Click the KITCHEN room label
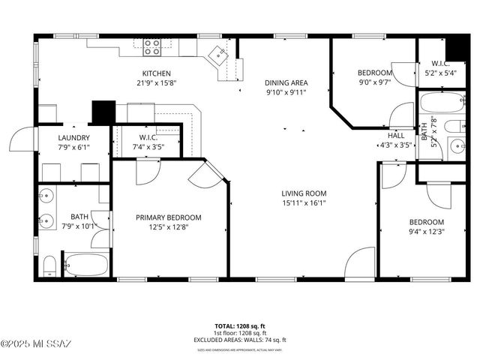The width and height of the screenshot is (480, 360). click(x=157, y=73)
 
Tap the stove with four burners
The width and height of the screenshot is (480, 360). click(x=152, y=46)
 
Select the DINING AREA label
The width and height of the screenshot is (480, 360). click(x=286, y=82)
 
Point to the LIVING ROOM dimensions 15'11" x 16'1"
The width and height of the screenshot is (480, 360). click(x=304, y=202)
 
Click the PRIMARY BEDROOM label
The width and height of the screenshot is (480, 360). click(x=169, y=217)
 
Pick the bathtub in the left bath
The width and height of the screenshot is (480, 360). click(x=85, y=265)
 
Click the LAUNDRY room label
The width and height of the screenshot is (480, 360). click(x=74, y=138)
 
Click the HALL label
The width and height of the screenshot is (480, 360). click(x=396, y=136)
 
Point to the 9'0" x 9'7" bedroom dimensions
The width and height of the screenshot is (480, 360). click(x=374, y=83)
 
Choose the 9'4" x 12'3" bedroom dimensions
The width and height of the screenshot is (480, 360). click(x=426, y=232)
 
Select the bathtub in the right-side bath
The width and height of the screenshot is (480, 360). click(x=441, y=103)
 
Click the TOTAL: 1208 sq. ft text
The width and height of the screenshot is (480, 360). click(x=240, y=326)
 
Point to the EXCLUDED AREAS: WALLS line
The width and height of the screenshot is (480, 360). click(x=240, y=340)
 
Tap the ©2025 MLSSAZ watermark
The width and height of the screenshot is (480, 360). click(x=36, y=344)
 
